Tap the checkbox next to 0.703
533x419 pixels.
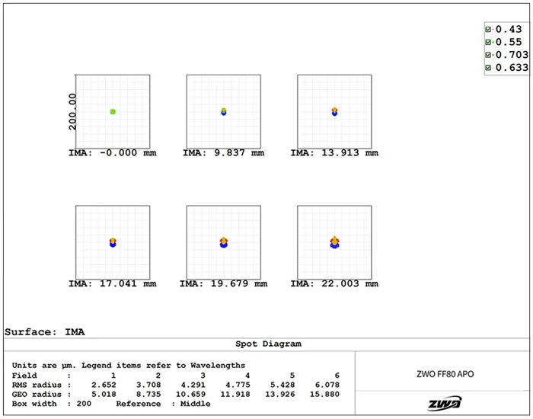click(488, 55)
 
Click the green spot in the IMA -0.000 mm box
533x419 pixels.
click(113, 112)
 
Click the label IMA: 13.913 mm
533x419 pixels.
click(334, 153)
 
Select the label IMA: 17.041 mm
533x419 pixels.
click(113, 284)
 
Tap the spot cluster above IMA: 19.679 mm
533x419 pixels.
click(223, 242)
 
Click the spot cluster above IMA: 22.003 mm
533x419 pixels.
click(334, 242)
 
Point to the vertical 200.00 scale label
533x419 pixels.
click(72, 112)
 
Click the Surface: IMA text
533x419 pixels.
click(45, 332)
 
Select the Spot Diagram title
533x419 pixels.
click(266, 344)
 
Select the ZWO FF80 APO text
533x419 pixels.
click(443, 373)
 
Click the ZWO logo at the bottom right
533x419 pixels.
click(443, 404)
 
